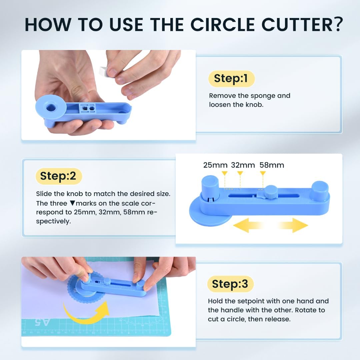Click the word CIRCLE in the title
point(223,24)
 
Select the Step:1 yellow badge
point(231,79)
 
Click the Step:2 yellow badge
point(59,176)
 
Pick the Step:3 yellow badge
point(230,284)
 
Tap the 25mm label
point(215,165)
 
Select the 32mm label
point(243,165)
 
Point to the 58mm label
point(272,165)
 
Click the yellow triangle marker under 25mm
point(225,173)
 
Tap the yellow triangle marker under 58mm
point(263,173)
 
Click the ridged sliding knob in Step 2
point(271,192)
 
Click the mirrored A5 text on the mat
point(42,322)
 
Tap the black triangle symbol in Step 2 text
point(73,203)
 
